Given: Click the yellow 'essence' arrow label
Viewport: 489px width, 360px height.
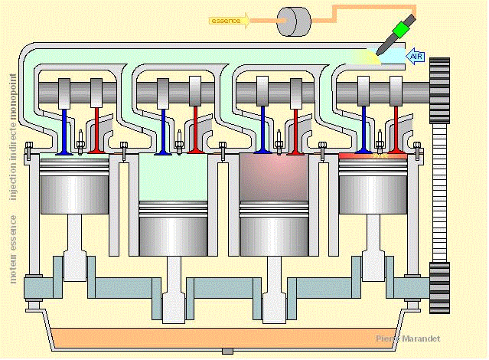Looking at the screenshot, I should point(228,21).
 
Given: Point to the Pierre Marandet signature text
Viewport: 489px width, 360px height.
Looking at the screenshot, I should point(408,338).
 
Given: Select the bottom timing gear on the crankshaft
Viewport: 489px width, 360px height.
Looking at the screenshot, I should point(440,287).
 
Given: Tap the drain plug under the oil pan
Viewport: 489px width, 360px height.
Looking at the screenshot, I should point(226,351).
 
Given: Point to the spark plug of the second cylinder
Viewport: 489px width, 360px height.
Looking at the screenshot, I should point(180,140).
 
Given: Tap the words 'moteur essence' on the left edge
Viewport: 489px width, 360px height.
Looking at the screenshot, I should point(13,249).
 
